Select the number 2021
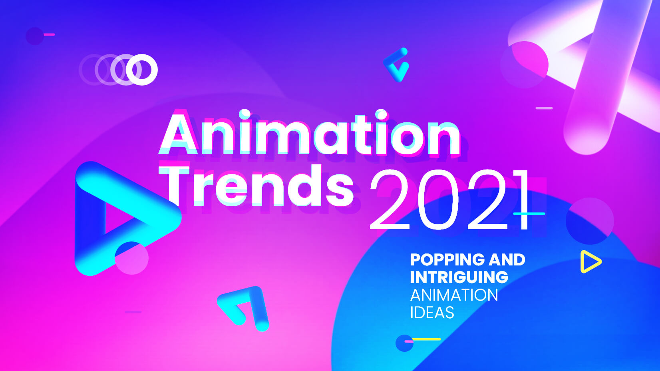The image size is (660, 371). [x=449, y=199]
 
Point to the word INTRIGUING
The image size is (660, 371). [x=459, y=277]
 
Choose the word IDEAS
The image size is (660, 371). [x=432, y=312]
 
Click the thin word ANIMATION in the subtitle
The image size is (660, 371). [x=454, y=295]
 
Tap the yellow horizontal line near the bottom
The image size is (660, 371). [x=426, y=339]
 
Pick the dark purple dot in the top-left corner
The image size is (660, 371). [x=35, y=36]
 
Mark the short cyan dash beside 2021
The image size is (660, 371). [x=529, y=213]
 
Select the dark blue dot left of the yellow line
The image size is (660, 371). [x=404, y=343]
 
